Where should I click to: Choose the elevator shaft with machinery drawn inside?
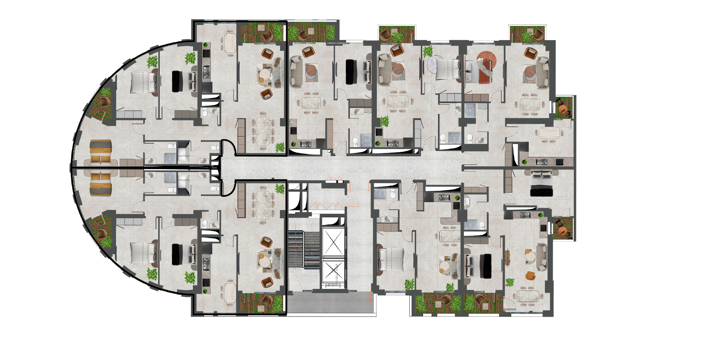tap(333, 271)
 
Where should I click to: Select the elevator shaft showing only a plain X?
tap(333, 242)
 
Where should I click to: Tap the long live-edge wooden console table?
tap(508, 258)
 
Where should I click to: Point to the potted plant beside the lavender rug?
tap(427, 51)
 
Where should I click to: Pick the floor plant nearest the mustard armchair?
tap(510, 282)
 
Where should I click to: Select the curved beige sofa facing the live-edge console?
tap(541, 257)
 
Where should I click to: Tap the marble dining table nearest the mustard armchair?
tap(529, 296)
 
